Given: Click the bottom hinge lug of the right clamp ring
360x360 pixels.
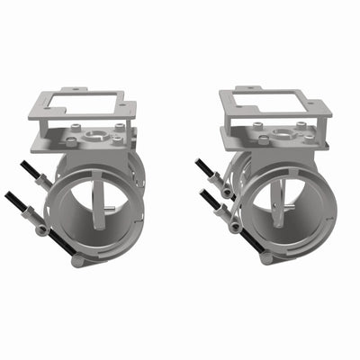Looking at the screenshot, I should [x=265, y=257].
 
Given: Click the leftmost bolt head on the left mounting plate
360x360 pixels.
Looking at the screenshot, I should [x=70, y=141].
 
